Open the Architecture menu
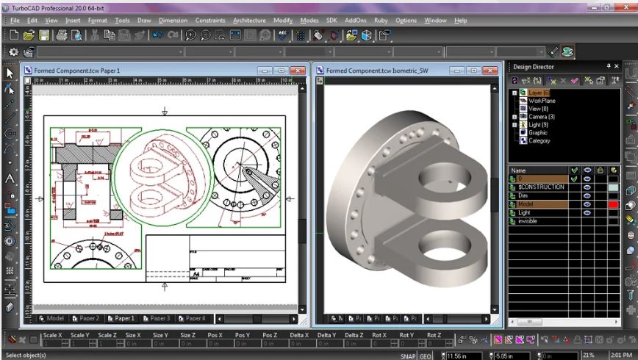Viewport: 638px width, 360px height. click(249, 21)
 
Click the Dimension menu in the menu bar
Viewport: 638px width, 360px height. click(173, 21)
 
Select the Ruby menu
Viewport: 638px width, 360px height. click(379, 21)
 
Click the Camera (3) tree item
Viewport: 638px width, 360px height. click(541, 117)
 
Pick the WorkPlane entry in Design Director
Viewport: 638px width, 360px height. click(542, 101)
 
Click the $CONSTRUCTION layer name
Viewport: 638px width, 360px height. click(541, 187)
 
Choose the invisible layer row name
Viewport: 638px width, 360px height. click(528, 221)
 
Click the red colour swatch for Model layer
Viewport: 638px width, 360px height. click(613, 204)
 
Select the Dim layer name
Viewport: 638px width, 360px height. click(524, 195)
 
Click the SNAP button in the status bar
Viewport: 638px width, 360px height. click(408, 356)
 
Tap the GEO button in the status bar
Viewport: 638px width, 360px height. click(426, 356)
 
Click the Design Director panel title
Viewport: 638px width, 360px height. click(534, 67)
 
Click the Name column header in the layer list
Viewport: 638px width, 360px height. click(518, 170)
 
